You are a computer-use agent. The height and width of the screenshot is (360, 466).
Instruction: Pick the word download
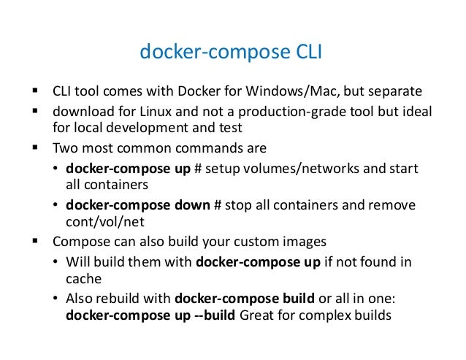(x=79, y=112)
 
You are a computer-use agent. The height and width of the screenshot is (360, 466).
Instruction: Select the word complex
(x=319, y=316)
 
